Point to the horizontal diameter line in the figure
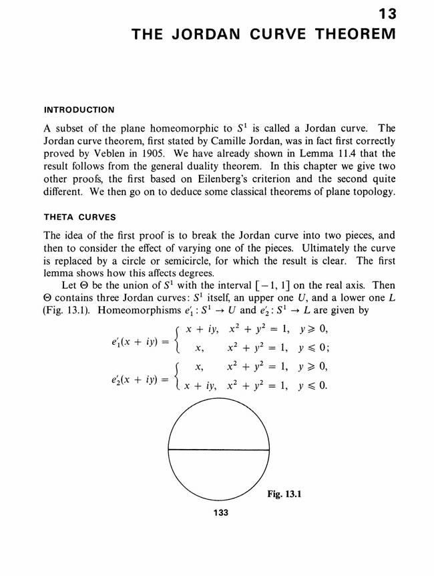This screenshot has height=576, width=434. tap(218, 448)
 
